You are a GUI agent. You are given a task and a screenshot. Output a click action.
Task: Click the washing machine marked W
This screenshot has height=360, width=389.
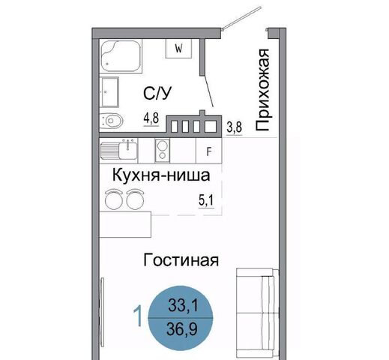pyautogui.click(x=179, y=49)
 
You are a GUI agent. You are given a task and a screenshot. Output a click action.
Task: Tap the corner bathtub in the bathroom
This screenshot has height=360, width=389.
pyautogui.click(x=121, y=55)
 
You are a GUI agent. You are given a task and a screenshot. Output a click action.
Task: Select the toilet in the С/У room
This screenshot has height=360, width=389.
pyautogui.click(x=112, y=121)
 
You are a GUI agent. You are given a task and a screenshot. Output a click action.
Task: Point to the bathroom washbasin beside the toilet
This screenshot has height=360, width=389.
pyautogui.click(x=109, y=92)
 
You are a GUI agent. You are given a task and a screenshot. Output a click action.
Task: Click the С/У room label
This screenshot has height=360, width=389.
pyautogui.click(x=157, y=93)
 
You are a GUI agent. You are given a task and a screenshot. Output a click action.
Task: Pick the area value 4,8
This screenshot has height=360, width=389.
pyautogui.click(x=151, y=118)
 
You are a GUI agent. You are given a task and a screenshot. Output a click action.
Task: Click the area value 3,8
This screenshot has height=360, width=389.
pyautogui.click(x=235, y=127)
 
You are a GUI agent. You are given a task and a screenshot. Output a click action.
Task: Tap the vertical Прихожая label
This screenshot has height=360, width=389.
pyautogui.click(x=262, y=90)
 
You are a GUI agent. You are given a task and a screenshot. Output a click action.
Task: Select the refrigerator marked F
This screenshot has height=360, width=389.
pyautogui.click(x=209, y=151)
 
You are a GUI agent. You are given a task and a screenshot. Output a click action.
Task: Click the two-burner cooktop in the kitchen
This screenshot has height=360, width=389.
pyautogui.click(x=162, y=150)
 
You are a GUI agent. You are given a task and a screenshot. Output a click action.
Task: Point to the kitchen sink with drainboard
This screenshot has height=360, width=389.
pyautogui.click(x=119, y=150)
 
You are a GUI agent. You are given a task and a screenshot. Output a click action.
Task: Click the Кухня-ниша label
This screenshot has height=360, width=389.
pyautogui.click(x=161, y=175)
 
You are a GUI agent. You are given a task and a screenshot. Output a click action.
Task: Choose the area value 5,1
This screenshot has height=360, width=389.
pyautogui.click(x=206, y=200)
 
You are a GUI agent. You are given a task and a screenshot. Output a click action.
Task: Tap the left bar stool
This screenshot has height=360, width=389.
pyautogui.click(x=113, y=199)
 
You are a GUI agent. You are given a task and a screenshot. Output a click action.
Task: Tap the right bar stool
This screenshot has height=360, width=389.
pyautogui.click(x=135, y=199)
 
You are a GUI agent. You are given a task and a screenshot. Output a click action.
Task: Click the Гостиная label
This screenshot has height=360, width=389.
pyautogui.click(x=181, y=260)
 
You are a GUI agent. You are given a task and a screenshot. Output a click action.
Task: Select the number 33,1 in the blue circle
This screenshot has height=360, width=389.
pyautogui.click(x=183, y=305)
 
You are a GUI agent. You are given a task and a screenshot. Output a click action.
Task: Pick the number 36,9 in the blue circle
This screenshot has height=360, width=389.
pyautogui.click(x=182, y=329)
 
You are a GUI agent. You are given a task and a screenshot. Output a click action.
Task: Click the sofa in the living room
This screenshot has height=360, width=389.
pyautogui.click(x=257, y=313)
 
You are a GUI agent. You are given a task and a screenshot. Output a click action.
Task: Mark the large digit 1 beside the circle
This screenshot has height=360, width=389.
pyautogui.click(x=138, y=316)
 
